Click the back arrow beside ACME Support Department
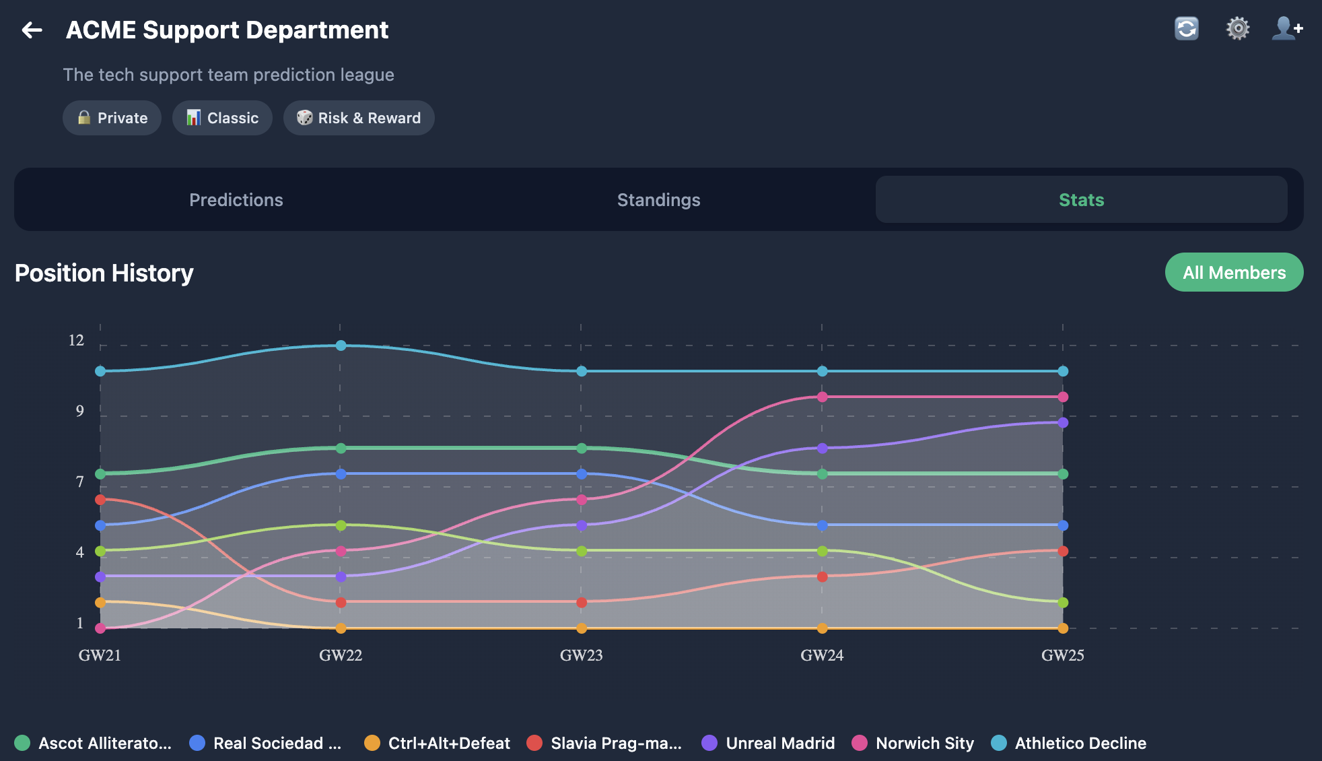coord(32,30)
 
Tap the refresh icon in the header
coord(1186,29)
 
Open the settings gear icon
coord(1237,29)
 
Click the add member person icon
coord(1286,29)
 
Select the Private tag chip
coord(112,118)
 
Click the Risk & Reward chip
coord(359,118)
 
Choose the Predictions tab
coord(236,200)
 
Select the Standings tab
coord(658,200)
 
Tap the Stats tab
coord(1081,200)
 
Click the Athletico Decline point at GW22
coord(341,345)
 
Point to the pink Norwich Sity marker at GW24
coord(822,397)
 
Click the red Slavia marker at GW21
coord(100,500)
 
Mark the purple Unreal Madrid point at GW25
coord(1063,423)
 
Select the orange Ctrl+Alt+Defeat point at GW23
coord(582,628)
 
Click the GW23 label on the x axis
coord(581,655)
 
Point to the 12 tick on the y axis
coord(76,341)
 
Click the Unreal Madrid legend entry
coord(768,743)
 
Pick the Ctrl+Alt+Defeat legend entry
coord(437,743)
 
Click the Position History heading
coord(104,273)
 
